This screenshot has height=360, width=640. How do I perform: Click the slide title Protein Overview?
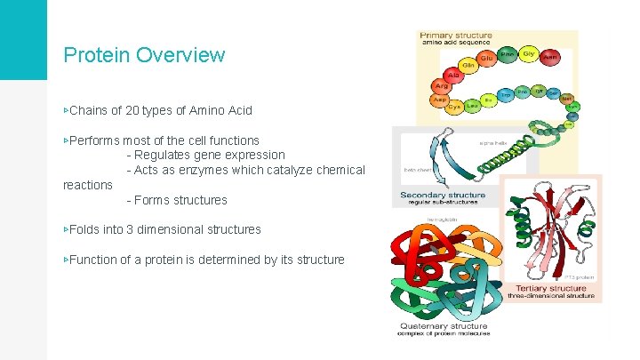click(144, 55)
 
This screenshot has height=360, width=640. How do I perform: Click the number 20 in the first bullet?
click(146, 111)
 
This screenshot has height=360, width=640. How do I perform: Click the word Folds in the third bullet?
click(85, 229)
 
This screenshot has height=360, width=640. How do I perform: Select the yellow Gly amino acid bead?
click(527, 53)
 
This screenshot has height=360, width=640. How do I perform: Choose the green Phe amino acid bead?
click(507, 54)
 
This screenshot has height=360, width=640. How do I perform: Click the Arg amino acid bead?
click(440, 86)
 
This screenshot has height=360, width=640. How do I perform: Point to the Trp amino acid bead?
click(505, 92)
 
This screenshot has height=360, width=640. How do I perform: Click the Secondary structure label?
click(443, 195)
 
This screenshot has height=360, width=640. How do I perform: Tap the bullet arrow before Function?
click(66, 260)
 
